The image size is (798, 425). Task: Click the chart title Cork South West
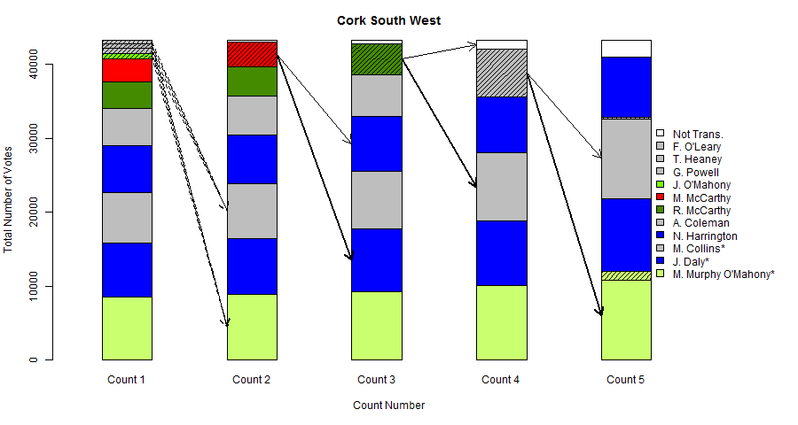[x=388, y=20]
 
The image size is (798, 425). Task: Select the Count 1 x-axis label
[x=127, y=380]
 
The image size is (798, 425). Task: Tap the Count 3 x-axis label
[x=377, y=380]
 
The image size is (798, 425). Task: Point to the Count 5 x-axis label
[x=626, y=380]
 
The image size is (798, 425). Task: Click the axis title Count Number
[x=388, y=406]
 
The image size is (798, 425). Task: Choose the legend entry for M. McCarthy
[x=701, y=197]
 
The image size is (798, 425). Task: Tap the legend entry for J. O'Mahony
[x=702, y=185]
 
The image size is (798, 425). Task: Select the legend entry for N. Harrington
[x=706, y=236]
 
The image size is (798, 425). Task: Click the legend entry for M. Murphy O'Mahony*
[x=724, y=274]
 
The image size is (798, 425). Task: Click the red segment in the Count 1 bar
[x=127, y=70]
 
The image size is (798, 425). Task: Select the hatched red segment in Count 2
[x=252, y=54]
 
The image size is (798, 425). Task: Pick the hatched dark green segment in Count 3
[x=377, y=59]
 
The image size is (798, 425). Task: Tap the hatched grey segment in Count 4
[x=502, y=73]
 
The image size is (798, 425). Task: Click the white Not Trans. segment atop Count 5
[x=626, y=48]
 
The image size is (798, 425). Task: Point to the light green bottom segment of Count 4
[x=502, y=322]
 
